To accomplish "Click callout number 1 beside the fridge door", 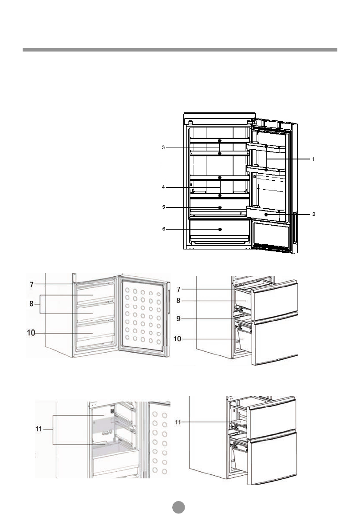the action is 313,159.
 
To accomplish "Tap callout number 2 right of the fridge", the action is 313,214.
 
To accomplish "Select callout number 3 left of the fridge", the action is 163,147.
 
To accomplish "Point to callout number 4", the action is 163,187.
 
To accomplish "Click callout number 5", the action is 163,207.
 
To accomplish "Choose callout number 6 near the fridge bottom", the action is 163,229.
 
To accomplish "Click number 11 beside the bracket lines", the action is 43,430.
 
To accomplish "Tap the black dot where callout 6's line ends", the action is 220,229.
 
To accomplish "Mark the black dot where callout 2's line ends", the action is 266,214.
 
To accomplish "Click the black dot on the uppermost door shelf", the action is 266,146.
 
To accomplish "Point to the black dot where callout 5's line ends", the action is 220,207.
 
